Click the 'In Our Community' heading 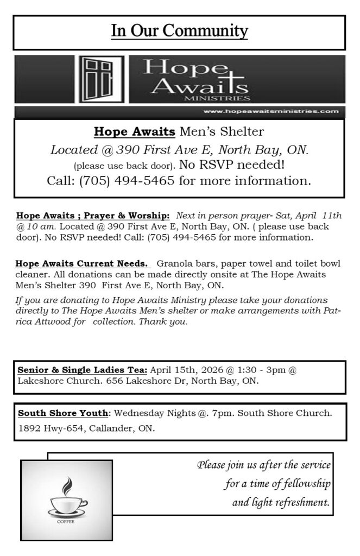[179, 31]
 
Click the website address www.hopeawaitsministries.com [271, 111]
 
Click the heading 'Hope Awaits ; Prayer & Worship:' [93, 216]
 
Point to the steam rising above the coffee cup [67, 485]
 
